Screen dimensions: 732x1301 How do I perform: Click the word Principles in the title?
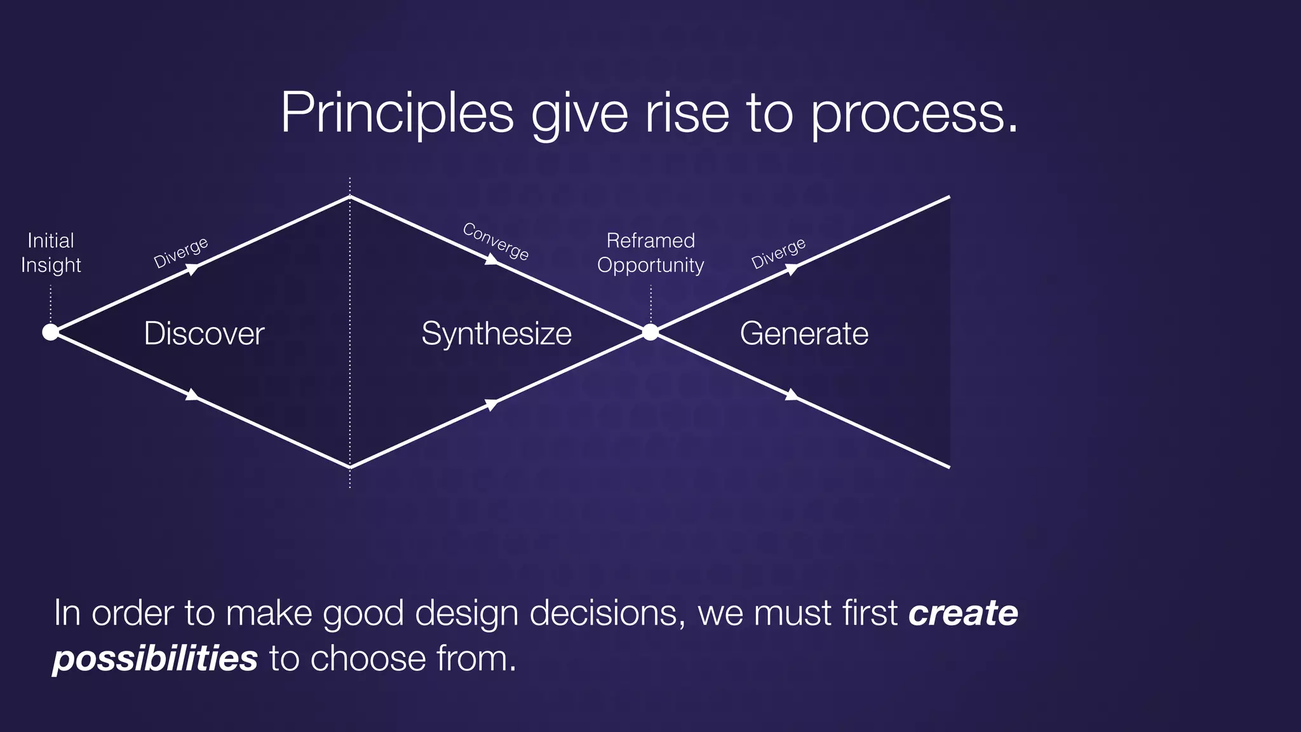click(x=396, y=113)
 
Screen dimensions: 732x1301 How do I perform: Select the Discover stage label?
click(x=204, y=334)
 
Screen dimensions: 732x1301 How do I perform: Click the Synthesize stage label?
click(x=496, y=334)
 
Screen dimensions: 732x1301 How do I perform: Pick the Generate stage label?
click(x=804, y=334)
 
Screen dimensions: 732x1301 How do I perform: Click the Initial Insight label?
click(x=51, y=252)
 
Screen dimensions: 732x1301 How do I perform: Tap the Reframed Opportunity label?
click(x=650, y=252)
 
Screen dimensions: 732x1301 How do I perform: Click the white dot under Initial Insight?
click(x=50, y=332)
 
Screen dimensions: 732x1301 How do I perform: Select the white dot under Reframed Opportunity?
click(x=650, y=332)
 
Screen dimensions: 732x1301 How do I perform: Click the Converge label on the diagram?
click(x=495, y=241)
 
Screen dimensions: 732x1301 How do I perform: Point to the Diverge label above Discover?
click(x=181, y=252)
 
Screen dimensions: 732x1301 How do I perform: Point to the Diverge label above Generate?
click(x=778, y=253)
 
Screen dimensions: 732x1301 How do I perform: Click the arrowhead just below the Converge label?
click(x=492, y=259)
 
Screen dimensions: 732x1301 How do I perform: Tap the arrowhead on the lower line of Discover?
click(x=192, y=395)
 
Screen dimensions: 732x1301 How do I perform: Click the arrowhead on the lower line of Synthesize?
click(x=492, y=404)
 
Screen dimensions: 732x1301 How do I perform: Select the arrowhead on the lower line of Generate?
click(x=792, y=395)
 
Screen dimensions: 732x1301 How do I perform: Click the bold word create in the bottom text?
click(x=963, y=613)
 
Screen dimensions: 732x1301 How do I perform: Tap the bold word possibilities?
click(x=155, y=658)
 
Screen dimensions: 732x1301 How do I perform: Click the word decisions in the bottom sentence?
click(x=603, y=613)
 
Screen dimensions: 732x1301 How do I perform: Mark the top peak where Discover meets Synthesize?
click(x=350, y=197)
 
